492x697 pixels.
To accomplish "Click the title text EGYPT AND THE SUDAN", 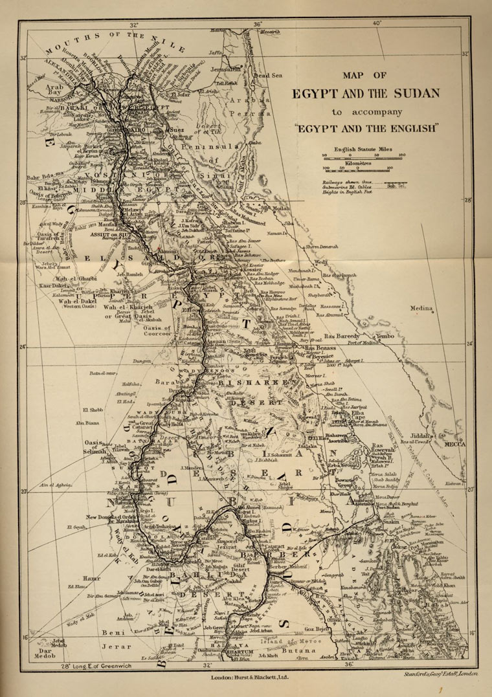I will (x=366, y=93).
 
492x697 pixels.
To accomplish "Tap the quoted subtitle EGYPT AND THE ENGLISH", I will (x=366, y=128).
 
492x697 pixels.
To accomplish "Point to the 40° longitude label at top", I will (x=377, y=25).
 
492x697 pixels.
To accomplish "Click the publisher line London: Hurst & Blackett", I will (x=249, y=677).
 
